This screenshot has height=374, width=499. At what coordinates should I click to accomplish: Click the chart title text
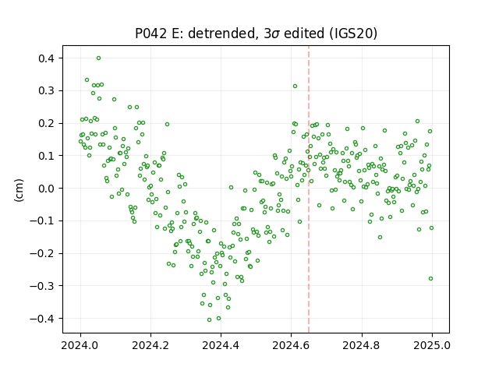tap(257, 34)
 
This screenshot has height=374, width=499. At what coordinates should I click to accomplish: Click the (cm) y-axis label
tap(19, 190)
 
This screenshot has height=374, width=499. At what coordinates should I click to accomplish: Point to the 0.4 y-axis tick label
tap(47, 58)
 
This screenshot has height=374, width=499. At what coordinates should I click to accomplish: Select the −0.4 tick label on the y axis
tap(43, 319)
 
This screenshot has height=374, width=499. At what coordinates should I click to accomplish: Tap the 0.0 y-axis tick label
tap(47, 189)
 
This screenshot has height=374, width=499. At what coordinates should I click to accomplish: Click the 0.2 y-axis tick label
tap(47, 123)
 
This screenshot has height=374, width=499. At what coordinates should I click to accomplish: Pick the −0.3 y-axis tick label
tap(43, 286)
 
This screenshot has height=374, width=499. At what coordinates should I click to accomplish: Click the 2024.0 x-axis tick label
tap(80, 345)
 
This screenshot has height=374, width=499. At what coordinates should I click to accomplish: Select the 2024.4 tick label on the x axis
tap(221, 345)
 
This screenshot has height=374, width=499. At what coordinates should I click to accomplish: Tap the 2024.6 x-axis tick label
tap(291, 345)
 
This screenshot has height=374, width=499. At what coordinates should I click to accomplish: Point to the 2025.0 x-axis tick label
tap(432, 345)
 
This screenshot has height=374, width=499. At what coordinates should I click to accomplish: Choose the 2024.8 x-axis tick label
tap(362, 345)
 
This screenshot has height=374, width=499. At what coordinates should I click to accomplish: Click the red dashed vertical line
tap(309, 189)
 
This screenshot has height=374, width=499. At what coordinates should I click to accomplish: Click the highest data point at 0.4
tap(99, 58)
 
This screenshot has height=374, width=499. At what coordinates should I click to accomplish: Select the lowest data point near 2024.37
tap(209, 320)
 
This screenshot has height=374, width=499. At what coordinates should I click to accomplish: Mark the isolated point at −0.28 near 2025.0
tap(431, 279)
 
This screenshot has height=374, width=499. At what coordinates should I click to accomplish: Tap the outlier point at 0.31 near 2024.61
tap(295, 86)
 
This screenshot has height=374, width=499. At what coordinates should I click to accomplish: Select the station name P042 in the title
tap(151, 34)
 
